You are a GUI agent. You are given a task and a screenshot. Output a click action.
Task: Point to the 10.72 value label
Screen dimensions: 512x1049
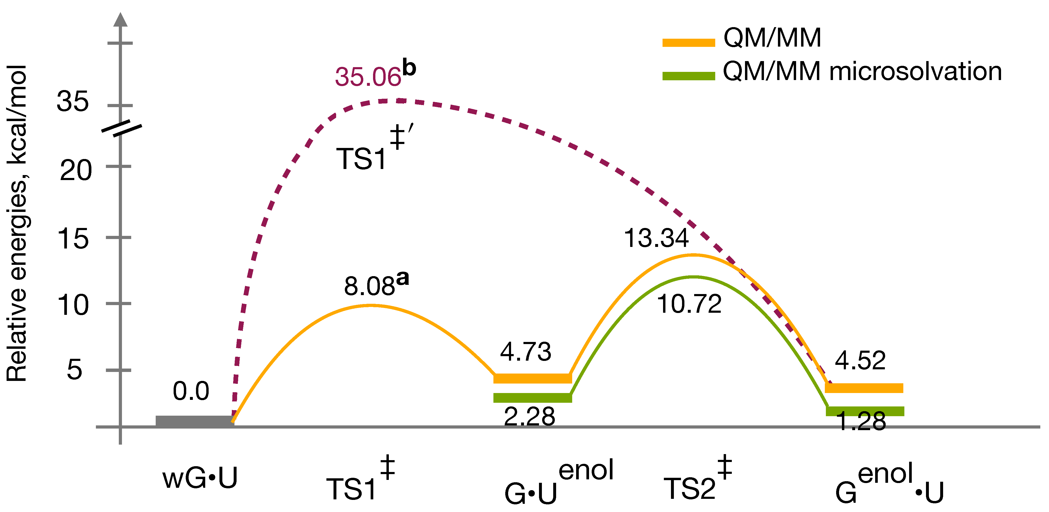point(689,304)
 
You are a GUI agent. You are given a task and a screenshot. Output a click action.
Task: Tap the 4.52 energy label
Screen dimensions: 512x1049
point(860,361)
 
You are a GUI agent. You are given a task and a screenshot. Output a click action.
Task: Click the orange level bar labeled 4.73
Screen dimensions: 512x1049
point(533,379)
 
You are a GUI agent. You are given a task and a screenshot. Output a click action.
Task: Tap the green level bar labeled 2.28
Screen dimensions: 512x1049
point(533,398)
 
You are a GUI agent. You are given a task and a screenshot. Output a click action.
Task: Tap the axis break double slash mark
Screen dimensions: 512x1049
point(121,128)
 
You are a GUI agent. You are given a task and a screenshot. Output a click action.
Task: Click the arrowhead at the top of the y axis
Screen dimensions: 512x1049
point(120,19)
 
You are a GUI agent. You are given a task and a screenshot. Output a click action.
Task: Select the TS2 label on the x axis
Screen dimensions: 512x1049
point(689,488)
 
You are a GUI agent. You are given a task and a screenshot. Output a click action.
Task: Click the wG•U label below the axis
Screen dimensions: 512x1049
point(199,479)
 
